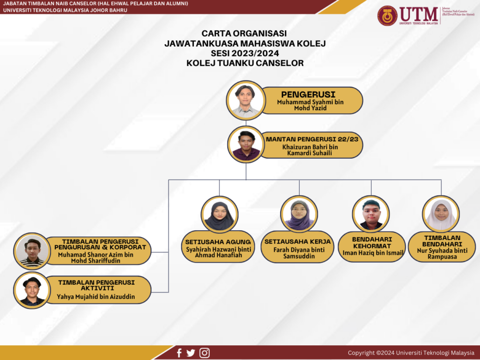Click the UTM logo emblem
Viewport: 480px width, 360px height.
coord(387,16)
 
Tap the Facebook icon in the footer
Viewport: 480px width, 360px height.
coord(179,353)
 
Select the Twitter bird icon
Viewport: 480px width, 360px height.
coord(191,353)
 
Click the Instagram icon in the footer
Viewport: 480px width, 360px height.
coord(204,353)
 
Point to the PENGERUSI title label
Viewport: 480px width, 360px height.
coord(308,94)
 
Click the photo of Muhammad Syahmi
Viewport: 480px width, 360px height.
coord(245,100)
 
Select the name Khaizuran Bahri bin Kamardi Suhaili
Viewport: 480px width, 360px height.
coord(310,150)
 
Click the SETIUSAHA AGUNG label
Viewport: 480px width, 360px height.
coord(218,241)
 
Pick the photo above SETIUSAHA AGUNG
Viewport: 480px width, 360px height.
coord(219,215)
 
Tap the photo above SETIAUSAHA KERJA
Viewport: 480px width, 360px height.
coord(299,215)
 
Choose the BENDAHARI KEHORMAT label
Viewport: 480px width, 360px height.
coord(372,242)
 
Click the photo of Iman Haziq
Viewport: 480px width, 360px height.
coord(371,215)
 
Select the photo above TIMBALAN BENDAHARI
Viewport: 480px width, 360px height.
coord(441,215)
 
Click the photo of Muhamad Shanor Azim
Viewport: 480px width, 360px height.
coord(32,251)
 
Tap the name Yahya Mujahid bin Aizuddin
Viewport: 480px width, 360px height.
coord(96,297)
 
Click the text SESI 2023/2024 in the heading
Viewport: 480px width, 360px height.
coord(245,53)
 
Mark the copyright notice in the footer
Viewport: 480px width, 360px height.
coord(410,353)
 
